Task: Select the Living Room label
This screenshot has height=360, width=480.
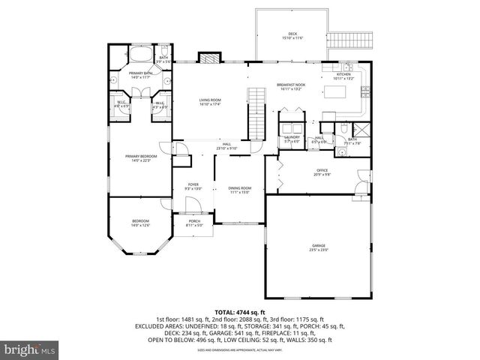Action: tap(210, 101)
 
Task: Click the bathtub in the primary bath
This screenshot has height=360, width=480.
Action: tap(140, 55)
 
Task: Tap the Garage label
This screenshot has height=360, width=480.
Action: tap(319, 247)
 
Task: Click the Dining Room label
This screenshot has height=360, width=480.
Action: tap(240, 190)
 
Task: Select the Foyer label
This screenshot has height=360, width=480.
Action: tap(193, 186)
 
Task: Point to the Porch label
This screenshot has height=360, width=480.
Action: tap(193, 221)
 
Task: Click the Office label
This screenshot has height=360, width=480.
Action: tap(322, 172)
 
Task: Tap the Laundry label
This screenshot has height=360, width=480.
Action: tap(292, 139)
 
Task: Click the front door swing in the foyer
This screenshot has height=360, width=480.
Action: tap(193, 204)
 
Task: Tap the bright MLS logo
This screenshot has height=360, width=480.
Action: tap(29, 349)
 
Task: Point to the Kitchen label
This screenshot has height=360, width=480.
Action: tap(343, 76)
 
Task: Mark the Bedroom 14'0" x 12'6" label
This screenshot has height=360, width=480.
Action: tap(140, 223)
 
